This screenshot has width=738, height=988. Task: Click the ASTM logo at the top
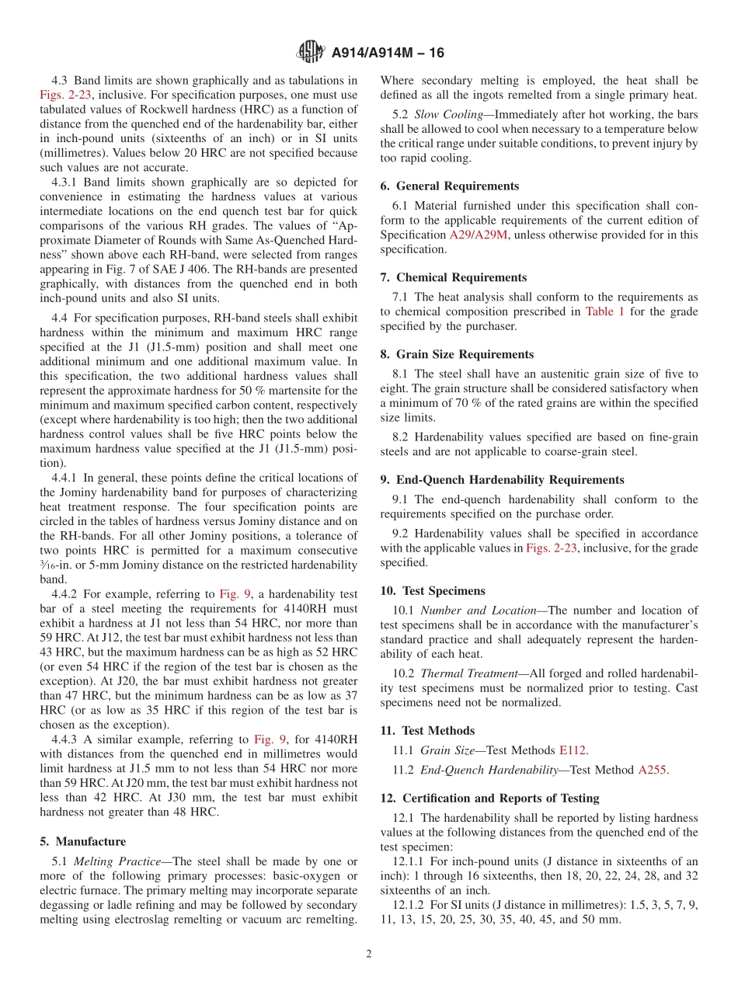(x=311, y=53)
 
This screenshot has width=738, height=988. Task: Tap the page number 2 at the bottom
(x=369, y=954)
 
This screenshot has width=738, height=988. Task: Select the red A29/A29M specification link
(x=476, y=235)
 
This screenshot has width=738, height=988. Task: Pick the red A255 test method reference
(x=652, y=770)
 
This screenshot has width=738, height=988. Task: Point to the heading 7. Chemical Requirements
(x=454, y=277)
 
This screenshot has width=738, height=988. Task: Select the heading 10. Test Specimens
(x=432, y=591)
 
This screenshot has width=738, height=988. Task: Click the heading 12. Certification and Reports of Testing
(x=489, y=798)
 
